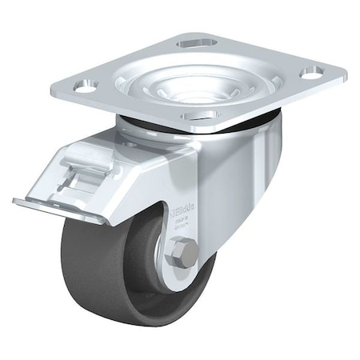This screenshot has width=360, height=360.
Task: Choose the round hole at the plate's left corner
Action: point(87,83)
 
